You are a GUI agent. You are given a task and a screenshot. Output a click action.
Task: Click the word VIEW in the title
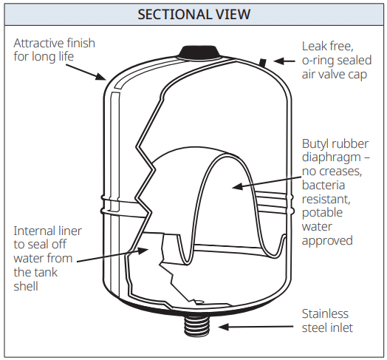[x=233, y=14]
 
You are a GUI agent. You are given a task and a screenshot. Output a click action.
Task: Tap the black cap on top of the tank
[x=199, y=52]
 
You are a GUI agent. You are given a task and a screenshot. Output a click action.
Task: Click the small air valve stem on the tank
[x=263, y=63]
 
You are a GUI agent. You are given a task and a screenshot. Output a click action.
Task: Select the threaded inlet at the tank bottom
[x=198, y=325]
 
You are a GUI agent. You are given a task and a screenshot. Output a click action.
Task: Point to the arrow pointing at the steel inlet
[x=256, y=327]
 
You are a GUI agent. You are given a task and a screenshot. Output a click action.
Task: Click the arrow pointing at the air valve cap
[x=284, y=61]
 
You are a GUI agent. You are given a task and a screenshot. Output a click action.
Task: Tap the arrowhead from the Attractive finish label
[x=101, y=77]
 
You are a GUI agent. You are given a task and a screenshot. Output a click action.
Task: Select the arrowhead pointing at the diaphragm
[x=238, y=186]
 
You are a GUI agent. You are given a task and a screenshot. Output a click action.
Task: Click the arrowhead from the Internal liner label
[x=143, y=251]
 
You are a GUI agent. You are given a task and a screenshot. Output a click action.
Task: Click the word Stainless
[x=325, y=314]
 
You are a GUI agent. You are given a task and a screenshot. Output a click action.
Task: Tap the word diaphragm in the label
[x=331, y=158]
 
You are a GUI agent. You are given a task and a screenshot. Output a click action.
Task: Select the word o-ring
[x=317, y=61]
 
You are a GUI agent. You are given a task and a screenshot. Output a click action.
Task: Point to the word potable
[x=322, y=213]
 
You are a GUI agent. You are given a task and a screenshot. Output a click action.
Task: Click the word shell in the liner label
[x=26, y=287]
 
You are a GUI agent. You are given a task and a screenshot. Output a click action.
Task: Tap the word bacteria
[x=323, y=186]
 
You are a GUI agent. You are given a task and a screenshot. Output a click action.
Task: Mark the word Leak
[x=313, y=47]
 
